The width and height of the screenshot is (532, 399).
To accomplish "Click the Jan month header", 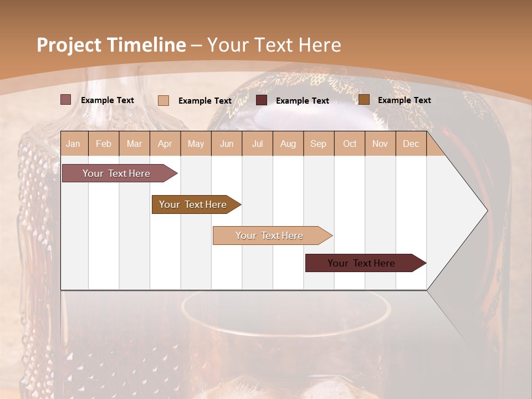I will pyautogui.click(x=73, y=144).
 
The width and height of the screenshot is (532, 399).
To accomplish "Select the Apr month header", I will pyautogui.click(x=165, y=144).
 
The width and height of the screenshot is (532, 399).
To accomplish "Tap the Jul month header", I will pyautogui.click(x=257, y=144).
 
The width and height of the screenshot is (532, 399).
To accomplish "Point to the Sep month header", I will pyautogui.click(x=318, y=144).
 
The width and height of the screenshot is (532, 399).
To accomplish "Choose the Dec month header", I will pyautogui.click(x=411, y=144).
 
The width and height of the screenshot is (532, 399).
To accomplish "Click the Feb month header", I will pyautogui.click(x=104, y=144).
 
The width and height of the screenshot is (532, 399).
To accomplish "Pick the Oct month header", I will pyautogui.click(x=350, y=144).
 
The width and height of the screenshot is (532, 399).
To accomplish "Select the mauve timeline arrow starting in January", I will pyautogui.click(x=116, y=173).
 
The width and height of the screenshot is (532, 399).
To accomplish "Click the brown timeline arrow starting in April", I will pyautogui.click(x=193, y=204).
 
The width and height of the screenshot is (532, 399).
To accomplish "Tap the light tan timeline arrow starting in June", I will pyautogui.click(x=269, y=236).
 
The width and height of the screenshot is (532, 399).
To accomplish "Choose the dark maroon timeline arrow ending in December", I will pyautogui.click(x=361, y=263).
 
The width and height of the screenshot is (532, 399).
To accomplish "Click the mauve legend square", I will pyautogui.click(x=66, y=100).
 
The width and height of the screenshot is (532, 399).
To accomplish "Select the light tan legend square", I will pyautogui.click(x=163, y=100).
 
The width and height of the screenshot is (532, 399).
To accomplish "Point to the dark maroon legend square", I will pyautogui.click(x=262, y=100).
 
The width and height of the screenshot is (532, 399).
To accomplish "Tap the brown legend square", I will pyautogui.click(x=364, y=100).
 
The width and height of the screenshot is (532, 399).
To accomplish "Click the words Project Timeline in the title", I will pyautogui.click(x=111, y=45).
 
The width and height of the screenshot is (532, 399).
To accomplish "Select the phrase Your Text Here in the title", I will pyautogui.click(x=274, y=45).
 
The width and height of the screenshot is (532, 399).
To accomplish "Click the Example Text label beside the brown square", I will pyautogui.click(x=404, y=100).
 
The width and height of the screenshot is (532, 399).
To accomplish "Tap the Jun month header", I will pyautogui.click(x=227, y=144).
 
